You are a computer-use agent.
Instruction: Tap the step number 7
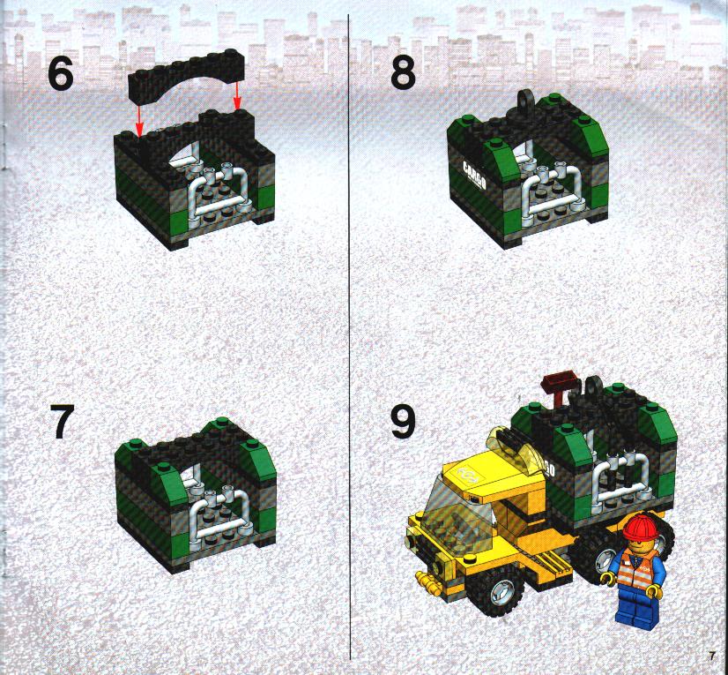coord(63,421)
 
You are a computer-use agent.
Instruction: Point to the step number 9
coord(403,421)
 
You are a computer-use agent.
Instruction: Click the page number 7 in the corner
coord(712,656)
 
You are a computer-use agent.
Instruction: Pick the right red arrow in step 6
coord(237,96)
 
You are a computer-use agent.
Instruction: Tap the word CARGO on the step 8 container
coord(474,176)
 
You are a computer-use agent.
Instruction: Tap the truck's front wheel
coord(495,590)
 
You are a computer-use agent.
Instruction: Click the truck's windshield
coord(455,512)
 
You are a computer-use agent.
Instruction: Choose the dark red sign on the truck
coord(561,382)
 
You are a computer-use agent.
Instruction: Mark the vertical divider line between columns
coord(349,336)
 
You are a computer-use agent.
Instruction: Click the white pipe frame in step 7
coord(219,517)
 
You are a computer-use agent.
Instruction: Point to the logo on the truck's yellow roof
coord(465,473)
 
